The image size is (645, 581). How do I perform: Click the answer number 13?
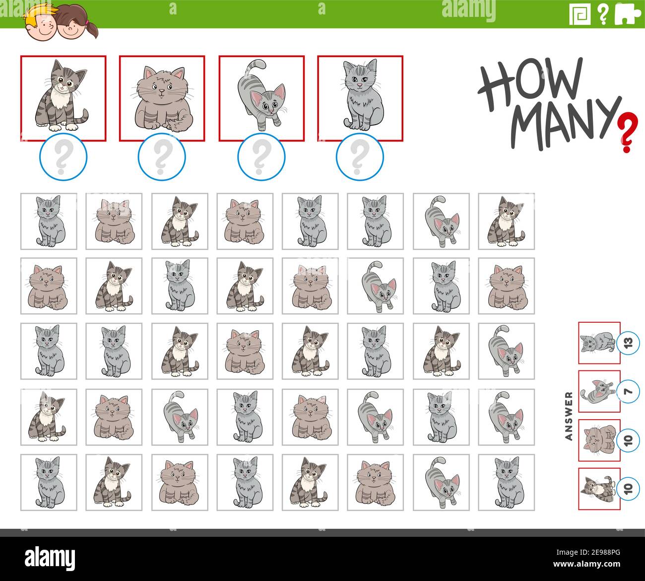[x=628, y=343]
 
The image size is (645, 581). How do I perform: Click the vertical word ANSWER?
[x=569, y=416]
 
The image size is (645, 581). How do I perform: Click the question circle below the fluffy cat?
[x=162, y=157]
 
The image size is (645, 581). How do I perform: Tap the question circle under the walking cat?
[x=261, y=157]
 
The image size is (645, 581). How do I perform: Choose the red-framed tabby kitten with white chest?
[x=63, y=98]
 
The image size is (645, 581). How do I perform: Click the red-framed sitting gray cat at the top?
[x=360, y=98]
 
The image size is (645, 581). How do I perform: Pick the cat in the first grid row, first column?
[x=49, y=221]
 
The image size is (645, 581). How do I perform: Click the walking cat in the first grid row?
[x=441, y=221]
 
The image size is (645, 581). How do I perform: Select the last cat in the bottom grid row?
[x=507, y=482]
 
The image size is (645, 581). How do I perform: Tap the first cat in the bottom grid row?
[x=49, y=482]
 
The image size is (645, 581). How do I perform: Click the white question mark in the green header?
[x=603, y=14]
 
